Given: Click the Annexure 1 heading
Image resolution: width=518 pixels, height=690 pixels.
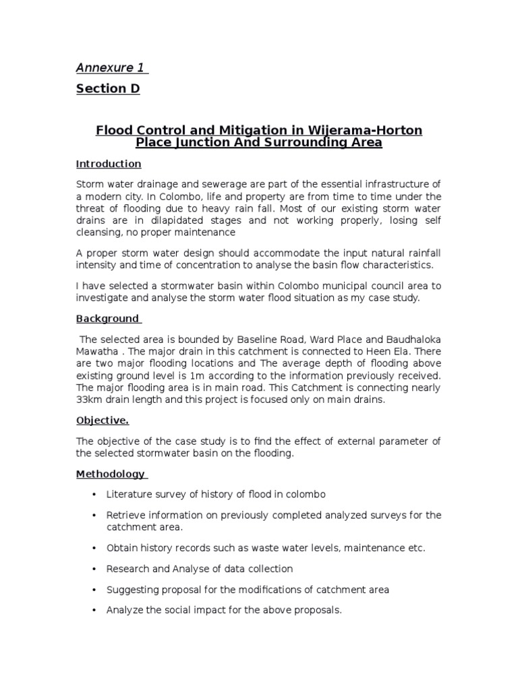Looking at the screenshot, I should click(x=111, y=67).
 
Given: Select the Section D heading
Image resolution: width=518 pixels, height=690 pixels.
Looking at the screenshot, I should click(x=108, y=89).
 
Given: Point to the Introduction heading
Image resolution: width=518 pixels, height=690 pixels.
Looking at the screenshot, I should click(x=109, y=164).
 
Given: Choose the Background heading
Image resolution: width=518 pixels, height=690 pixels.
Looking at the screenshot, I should click(x=107, y=318).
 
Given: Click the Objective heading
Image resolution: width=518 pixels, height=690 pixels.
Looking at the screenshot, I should click(x=102, y=420).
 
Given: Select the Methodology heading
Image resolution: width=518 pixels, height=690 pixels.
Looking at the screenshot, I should click(x=110, y=474).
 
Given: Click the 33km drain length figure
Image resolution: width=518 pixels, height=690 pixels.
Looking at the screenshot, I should click(x=89, y=400).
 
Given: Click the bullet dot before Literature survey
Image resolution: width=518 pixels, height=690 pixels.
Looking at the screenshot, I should click(x=93, y=495).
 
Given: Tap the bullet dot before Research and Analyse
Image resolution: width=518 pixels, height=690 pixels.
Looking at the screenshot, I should click(x=93, y=569).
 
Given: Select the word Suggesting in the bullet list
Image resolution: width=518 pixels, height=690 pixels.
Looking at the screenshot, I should click(x=131, y=590).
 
